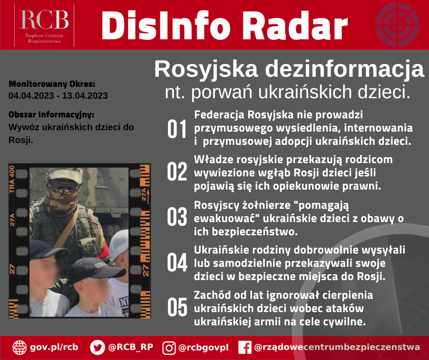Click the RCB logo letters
point(44,20)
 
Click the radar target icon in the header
point(397,25)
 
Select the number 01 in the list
point(177,129)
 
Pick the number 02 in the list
point(177,171)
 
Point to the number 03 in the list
point(177,217)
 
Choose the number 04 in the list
point(177,262)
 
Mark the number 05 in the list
point(177,307)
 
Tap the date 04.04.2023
point(31,95)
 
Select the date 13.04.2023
point(85,95)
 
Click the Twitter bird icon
point(97,347)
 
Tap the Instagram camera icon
point(169,348)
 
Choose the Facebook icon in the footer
point(245,348)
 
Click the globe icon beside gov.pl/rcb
point(20,348)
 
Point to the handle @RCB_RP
point(131,347)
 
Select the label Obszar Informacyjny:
point(51,115)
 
